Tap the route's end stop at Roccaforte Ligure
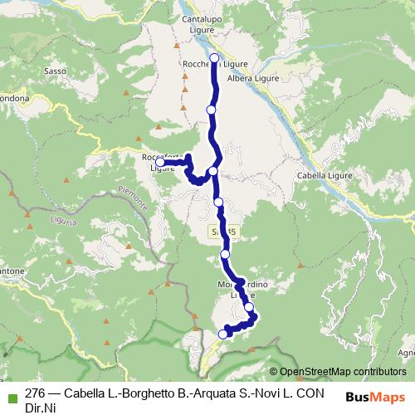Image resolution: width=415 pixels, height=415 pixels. [159, 163]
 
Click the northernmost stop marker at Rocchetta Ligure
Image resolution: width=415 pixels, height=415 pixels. [214, 57]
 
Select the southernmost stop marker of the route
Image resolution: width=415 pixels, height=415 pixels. [222, 334]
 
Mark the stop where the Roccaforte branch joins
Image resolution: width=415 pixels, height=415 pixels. [213, 171]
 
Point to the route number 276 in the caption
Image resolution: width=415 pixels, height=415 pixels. [35, 393]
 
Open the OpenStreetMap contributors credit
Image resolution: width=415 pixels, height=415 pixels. [342, 372]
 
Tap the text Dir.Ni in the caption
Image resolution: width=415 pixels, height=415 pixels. [41, 407]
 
